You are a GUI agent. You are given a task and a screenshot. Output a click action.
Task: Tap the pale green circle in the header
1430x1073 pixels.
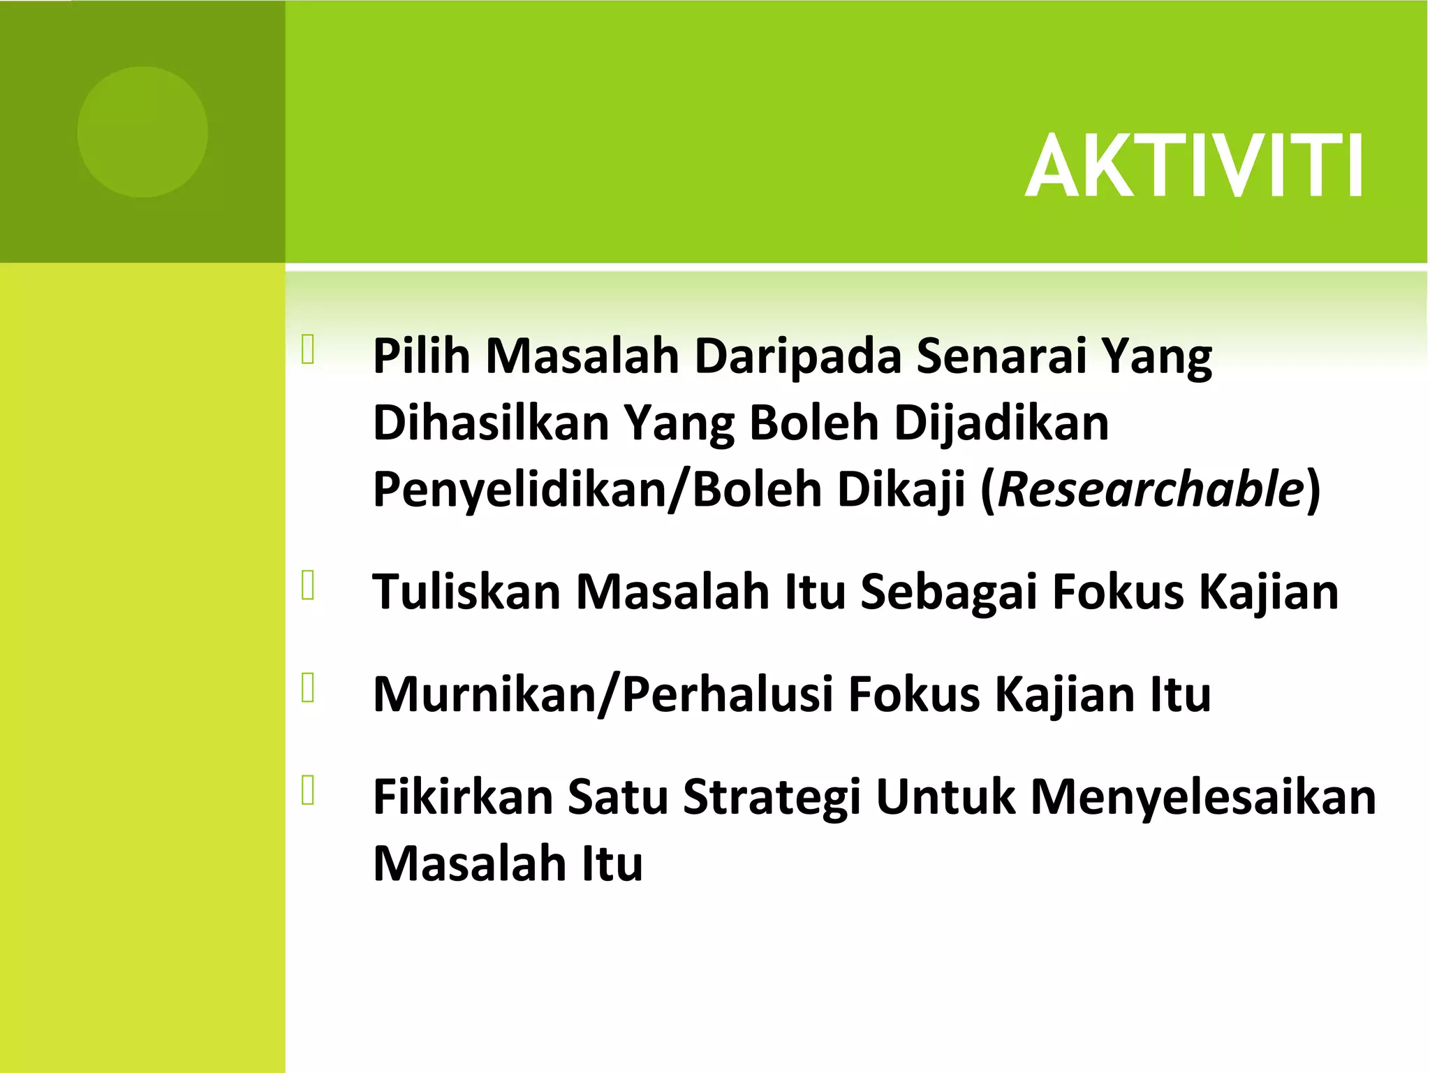(x=142, y=132)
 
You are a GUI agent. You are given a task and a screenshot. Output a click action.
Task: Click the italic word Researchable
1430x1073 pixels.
(x=1151, y=490)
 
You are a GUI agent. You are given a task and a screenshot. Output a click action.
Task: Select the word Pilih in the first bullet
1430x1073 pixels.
(x=422, y=357)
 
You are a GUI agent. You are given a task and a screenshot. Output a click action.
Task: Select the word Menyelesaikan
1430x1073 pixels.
(x=1202, y=797)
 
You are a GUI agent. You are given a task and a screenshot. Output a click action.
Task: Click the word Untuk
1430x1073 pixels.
(x=945, y=797)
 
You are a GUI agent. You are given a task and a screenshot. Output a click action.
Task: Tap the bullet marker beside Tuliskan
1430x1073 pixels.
(x=309, y=585)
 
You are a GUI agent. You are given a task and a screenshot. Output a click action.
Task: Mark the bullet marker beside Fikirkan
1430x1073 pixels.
(x=309, y=791)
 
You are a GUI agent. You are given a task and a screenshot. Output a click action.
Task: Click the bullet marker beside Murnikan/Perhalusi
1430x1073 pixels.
(x=309, y=687)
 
